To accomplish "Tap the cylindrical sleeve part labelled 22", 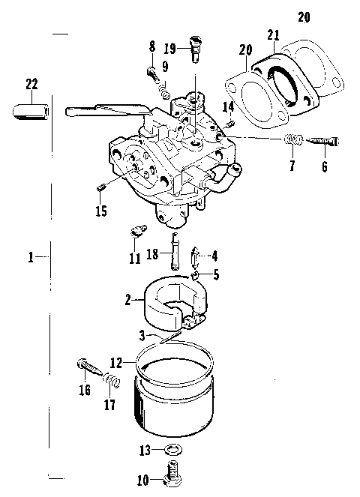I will [x=31, y=112].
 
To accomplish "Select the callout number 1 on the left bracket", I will [x=31, y=257].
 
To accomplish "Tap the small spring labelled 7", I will [x=293, y=140].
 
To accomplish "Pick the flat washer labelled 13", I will [x=172, y=450].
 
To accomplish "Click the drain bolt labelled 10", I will [x=172, y=472].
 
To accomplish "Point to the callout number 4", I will [x=214, y=256].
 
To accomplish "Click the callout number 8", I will [x=152, y=48].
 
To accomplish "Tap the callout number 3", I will [x=140, y=335].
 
